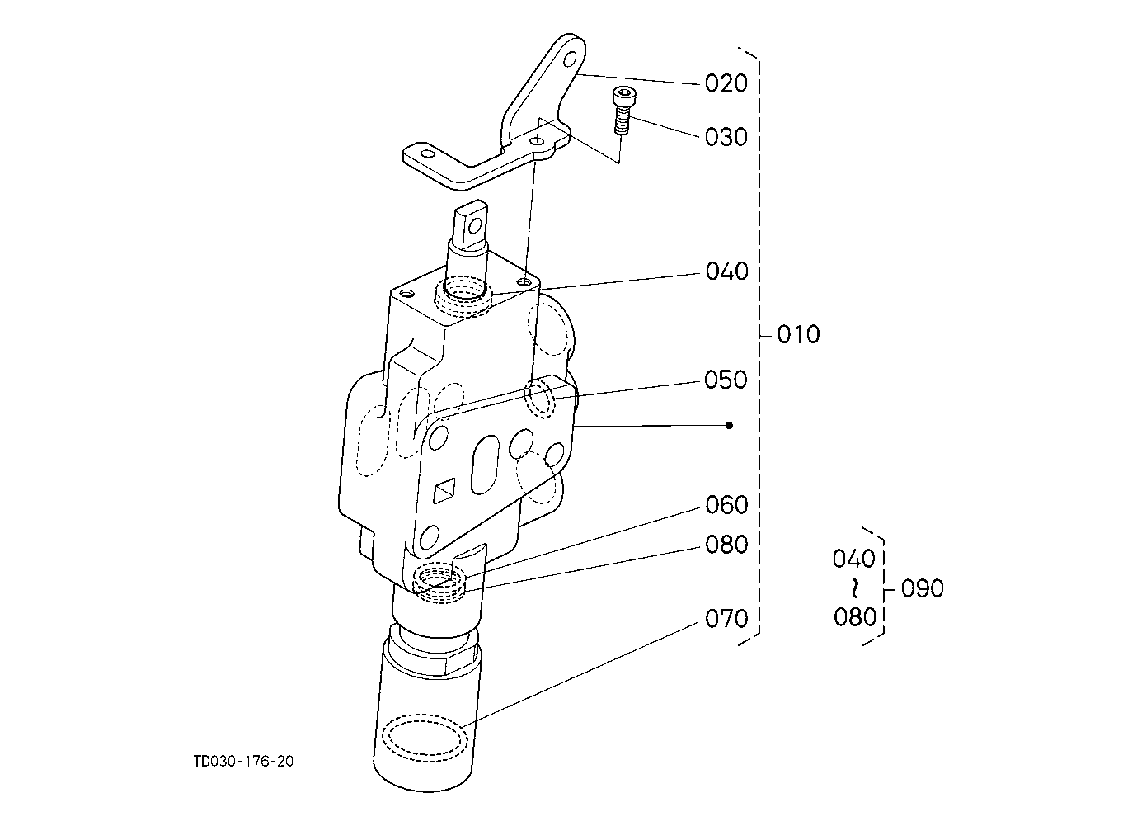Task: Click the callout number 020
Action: click(x=726, y=83)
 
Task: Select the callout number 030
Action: click(x=726, y=137)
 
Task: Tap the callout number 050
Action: click(x=726, y=380)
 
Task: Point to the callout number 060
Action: click(x=726, y=505)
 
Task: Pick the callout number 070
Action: click(x=726, y=619)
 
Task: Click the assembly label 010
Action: click(x=798, y=334)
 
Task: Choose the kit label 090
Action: click(x=923, y=588)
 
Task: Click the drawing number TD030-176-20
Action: click(x=244, y=762)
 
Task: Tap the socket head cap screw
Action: click(x=622, y=111)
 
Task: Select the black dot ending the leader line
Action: click(x=730, y=425)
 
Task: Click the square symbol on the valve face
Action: click(x=444, y=491)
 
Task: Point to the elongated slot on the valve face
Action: click(x=485, y=465)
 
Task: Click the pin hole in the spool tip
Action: click(x=476, y=224)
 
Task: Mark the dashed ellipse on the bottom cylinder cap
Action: click(x=425, y=738)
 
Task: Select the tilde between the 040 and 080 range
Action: click(x=855, y=588)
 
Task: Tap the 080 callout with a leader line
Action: click(x=726, y=545)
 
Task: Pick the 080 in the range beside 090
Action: click(x=855, y=617)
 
